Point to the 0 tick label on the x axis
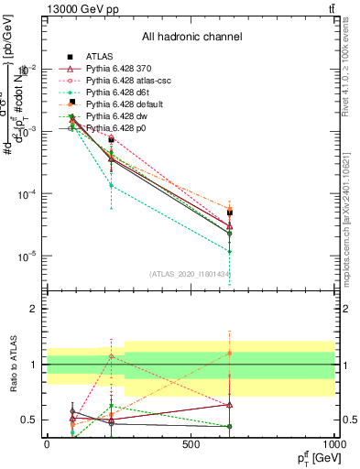click(47, 444)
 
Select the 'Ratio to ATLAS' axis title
click(13, 364)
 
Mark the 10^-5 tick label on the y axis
click(27, 256)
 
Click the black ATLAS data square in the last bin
click(230, 213)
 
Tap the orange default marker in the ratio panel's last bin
click(230, 353)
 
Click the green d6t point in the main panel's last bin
click(230, 251)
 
